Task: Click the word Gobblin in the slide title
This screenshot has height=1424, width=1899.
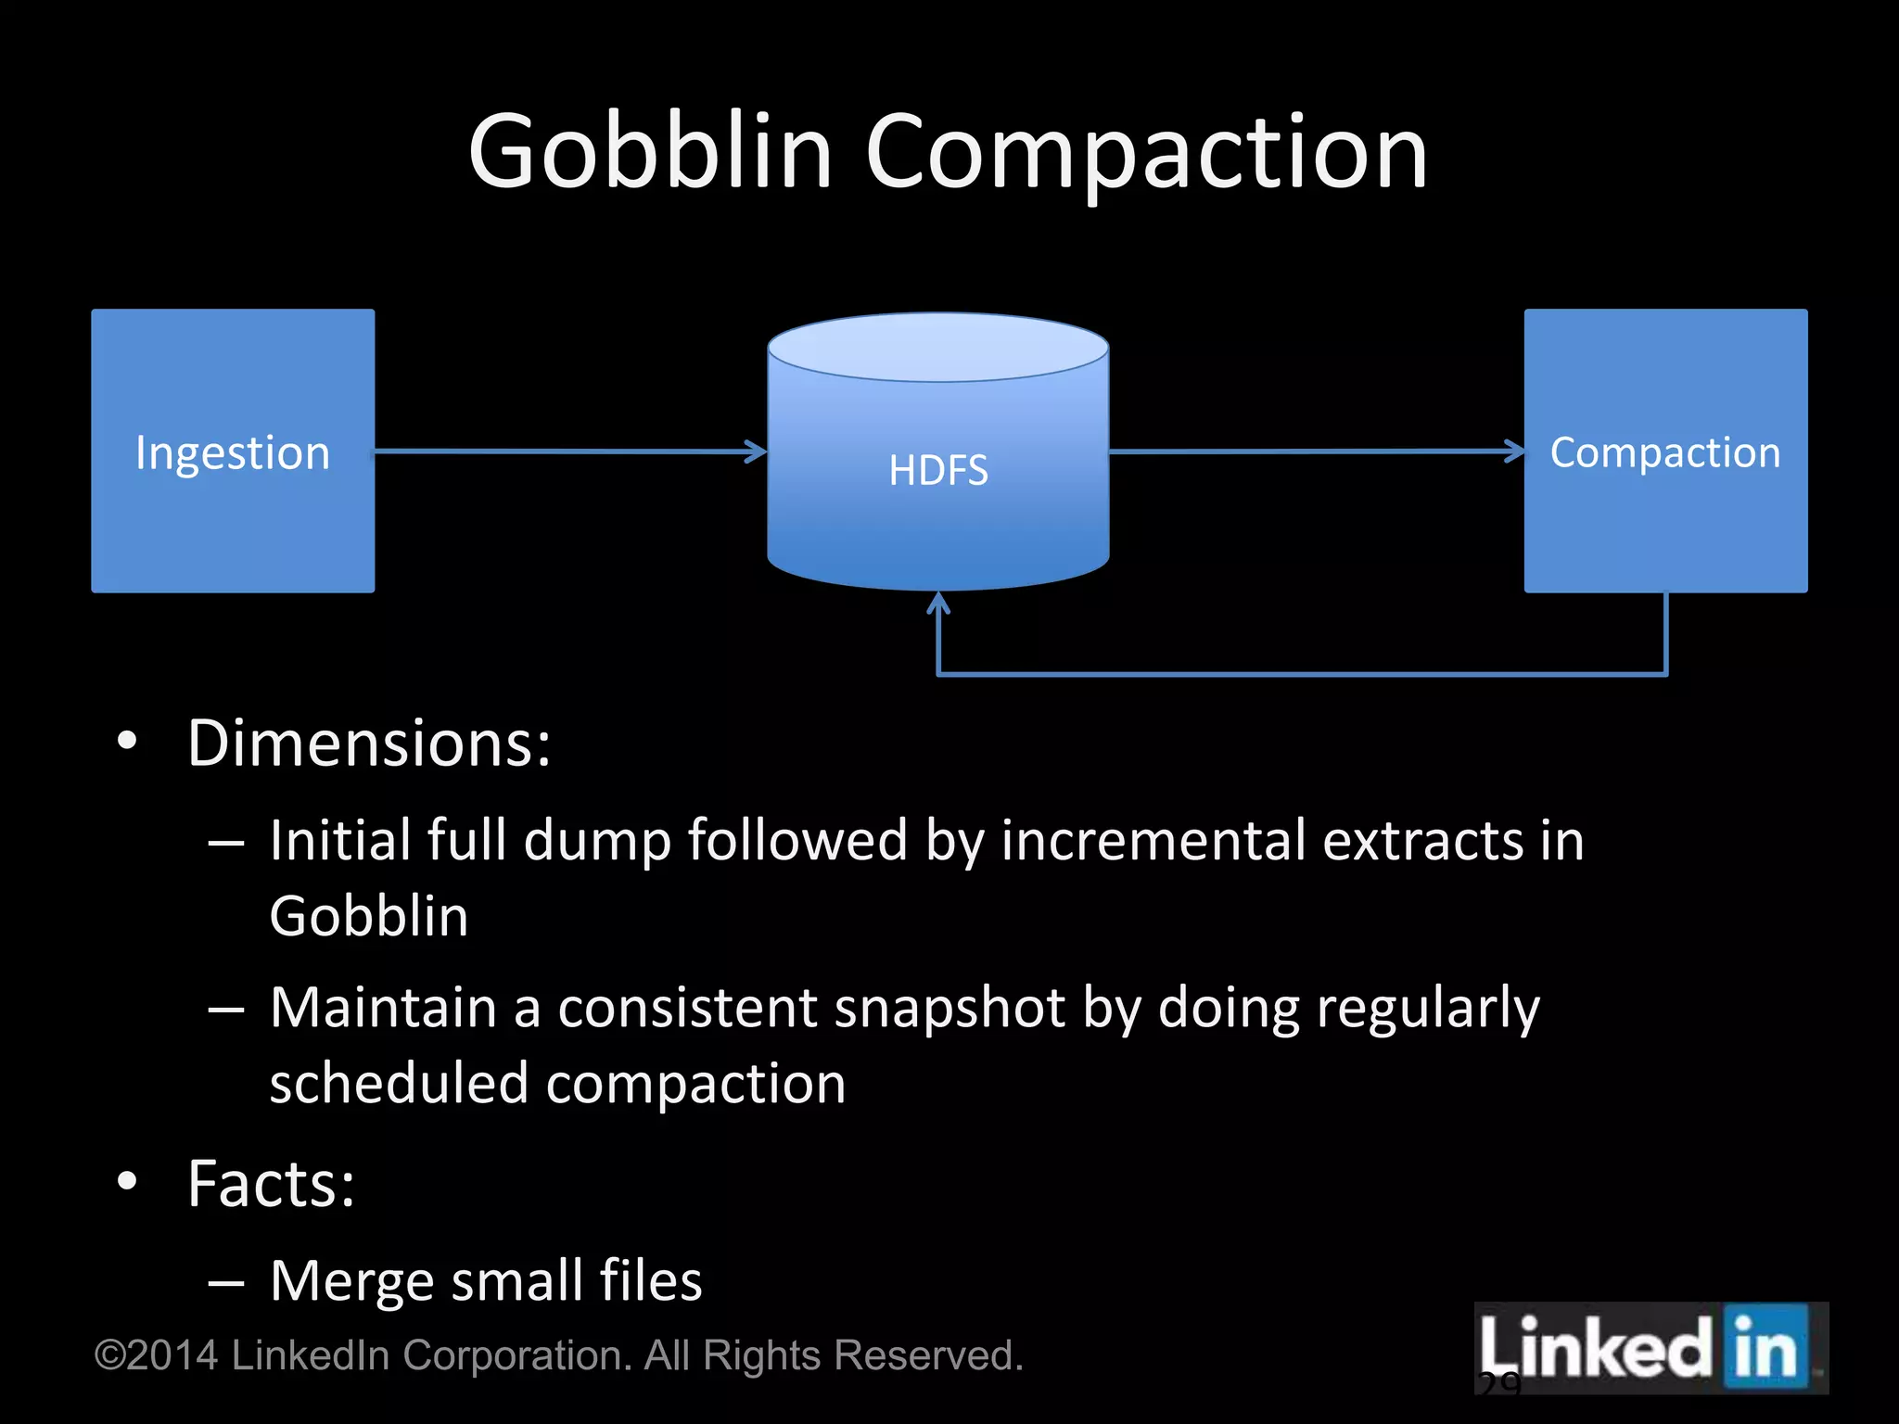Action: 649,152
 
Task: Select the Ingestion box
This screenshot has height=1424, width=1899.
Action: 233,519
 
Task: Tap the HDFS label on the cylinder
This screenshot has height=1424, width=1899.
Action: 938,470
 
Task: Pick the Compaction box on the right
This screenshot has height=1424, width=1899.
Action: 1665,528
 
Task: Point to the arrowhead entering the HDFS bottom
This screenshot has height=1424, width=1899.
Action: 938,604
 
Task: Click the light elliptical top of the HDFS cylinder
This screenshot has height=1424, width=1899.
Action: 938,347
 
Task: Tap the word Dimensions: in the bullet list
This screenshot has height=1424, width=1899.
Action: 369,744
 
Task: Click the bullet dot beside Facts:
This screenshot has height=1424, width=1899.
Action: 127,1181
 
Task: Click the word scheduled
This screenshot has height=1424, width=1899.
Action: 398,1084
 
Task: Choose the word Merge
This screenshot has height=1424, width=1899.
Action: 351,1281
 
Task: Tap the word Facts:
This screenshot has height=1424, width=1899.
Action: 271,1184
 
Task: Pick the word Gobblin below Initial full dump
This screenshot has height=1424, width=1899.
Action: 369,917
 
